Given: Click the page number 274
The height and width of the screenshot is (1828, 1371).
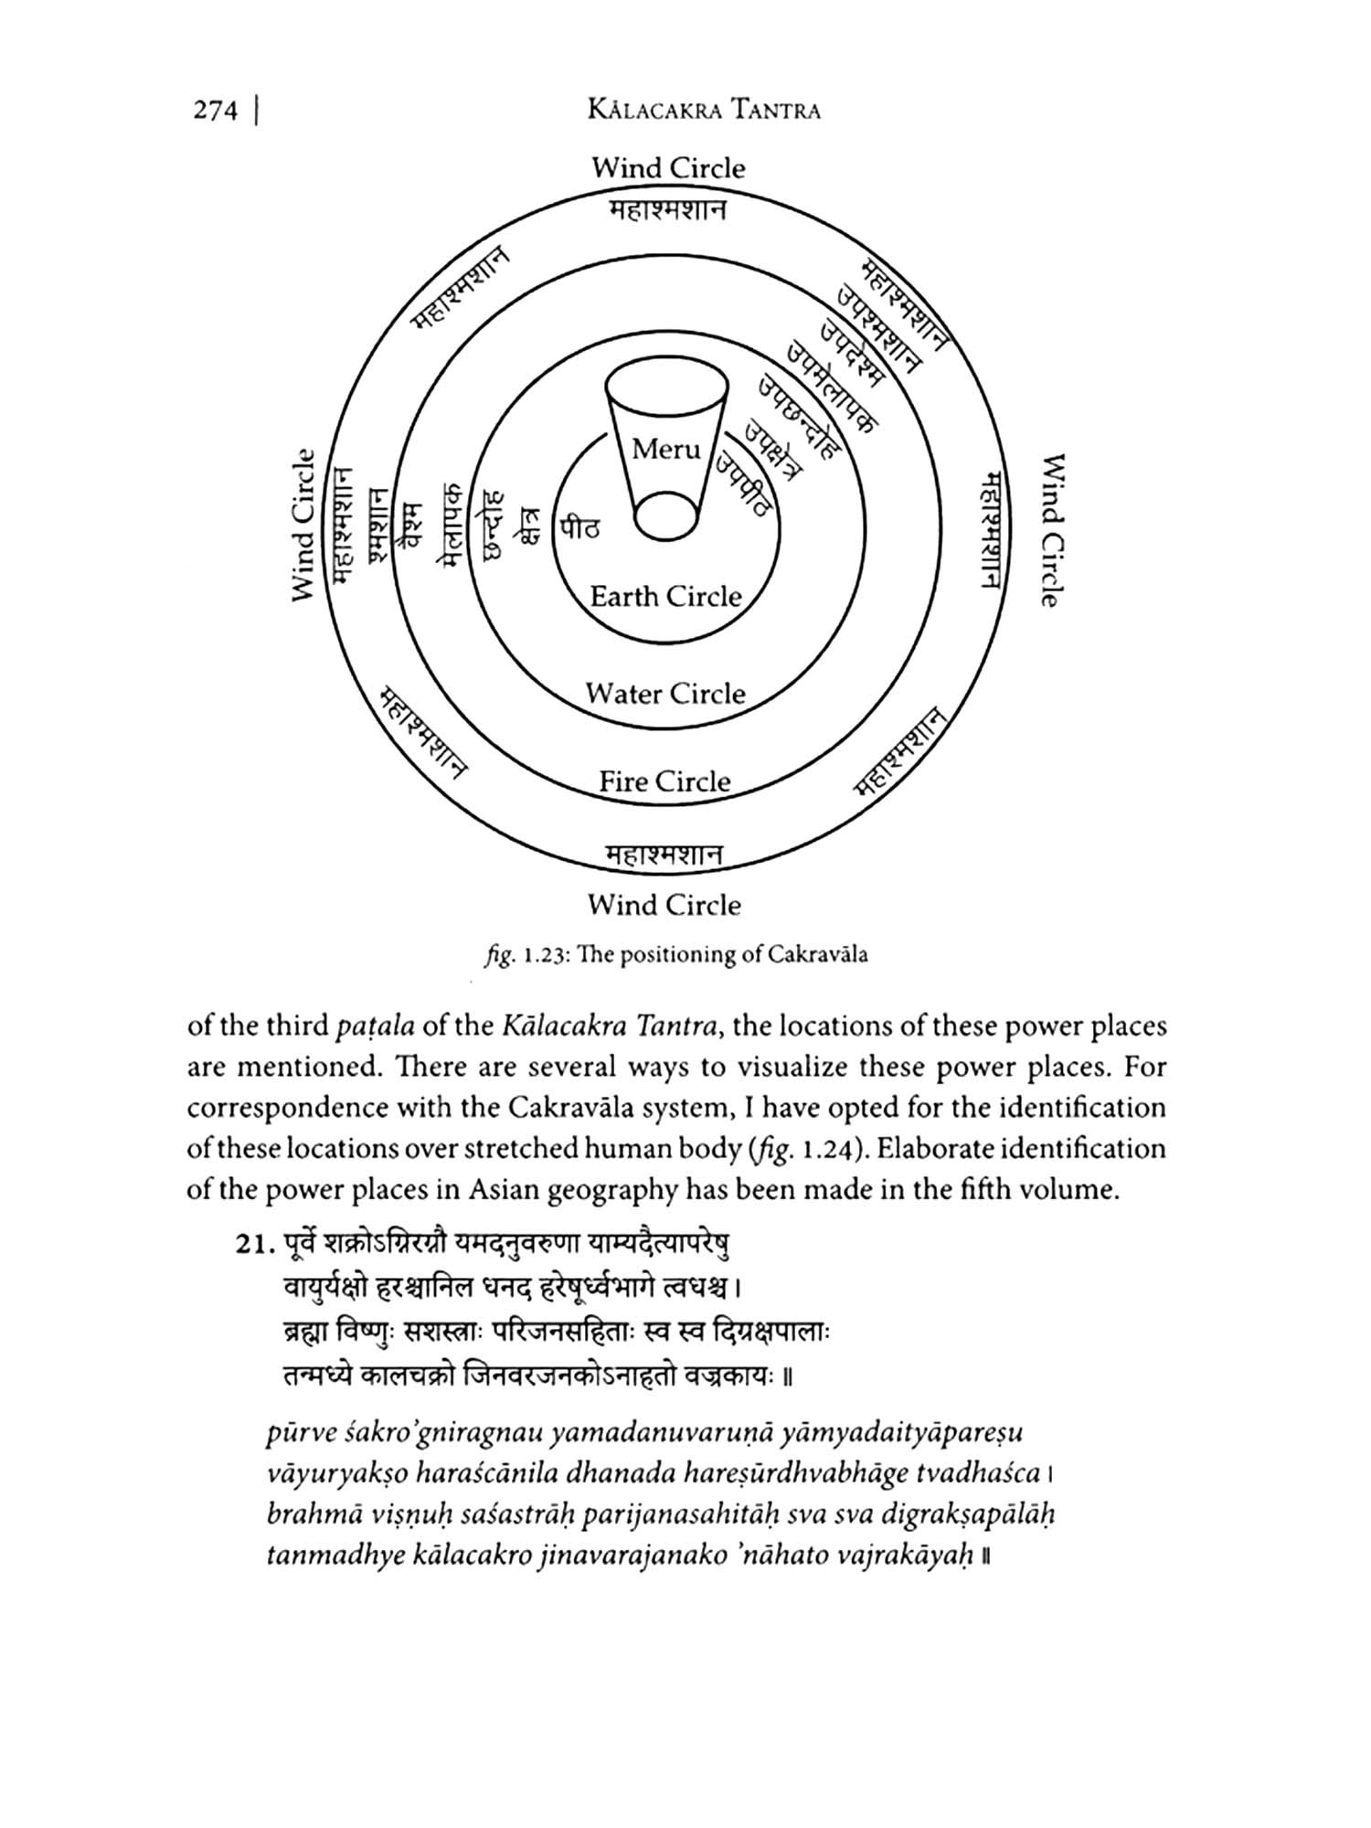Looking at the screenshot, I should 216,111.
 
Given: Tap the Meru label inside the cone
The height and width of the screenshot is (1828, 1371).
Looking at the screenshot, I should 666,449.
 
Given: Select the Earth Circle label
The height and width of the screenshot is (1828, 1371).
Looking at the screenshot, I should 665,597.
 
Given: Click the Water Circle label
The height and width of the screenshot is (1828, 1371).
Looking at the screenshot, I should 665,694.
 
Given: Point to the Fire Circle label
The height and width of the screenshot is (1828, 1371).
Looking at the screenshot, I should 664,781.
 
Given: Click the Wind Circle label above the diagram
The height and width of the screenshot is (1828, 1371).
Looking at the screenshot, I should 668,168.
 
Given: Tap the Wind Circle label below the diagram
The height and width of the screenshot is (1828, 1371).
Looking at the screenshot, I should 664,906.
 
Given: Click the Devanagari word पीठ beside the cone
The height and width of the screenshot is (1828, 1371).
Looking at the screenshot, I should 580,527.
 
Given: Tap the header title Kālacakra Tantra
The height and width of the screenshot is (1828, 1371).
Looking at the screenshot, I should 705,112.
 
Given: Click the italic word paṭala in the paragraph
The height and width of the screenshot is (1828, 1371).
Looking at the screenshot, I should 376,1026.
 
